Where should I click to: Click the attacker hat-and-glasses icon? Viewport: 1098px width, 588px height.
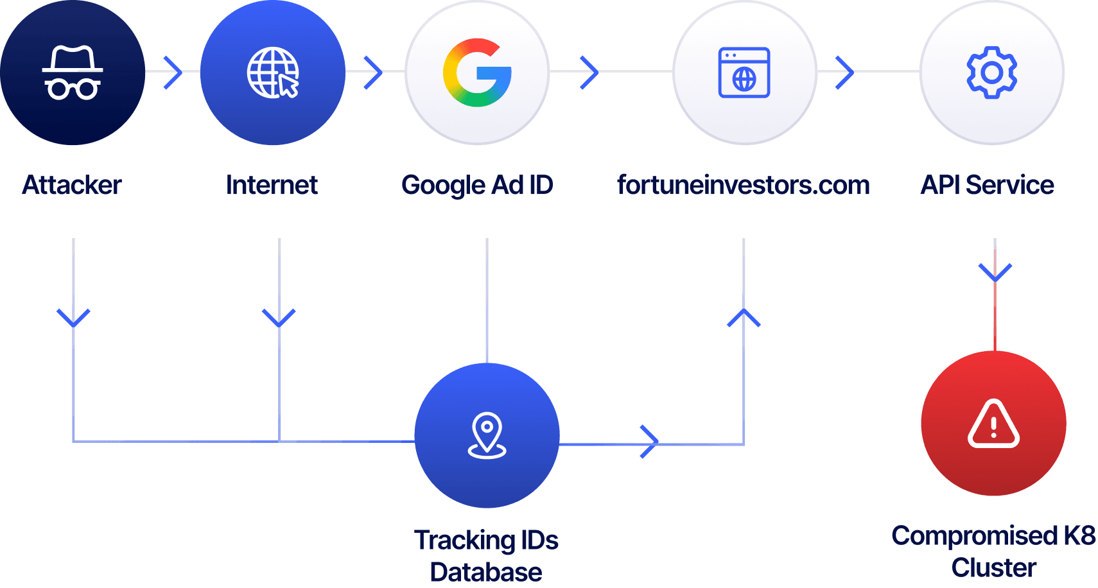73,73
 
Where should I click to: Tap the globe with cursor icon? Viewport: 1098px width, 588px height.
274,73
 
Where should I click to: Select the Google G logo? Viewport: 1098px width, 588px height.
477,73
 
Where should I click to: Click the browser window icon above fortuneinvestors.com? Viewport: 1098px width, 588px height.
744,73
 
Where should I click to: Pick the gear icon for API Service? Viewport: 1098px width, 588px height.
992,73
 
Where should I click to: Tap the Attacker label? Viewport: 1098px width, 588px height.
72,185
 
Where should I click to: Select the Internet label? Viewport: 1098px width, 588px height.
272,185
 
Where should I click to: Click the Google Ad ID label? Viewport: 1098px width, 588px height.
477,185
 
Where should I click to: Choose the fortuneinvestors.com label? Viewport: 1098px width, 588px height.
744,185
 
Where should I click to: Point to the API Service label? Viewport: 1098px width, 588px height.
988,185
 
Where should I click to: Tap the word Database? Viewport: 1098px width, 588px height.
486,572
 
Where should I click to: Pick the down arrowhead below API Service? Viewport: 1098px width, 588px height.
995,272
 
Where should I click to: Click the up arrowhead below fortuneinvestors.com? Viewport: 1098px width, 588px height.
744,317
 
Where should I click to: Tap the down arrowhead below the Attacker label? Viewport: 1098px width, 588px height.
73,318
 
